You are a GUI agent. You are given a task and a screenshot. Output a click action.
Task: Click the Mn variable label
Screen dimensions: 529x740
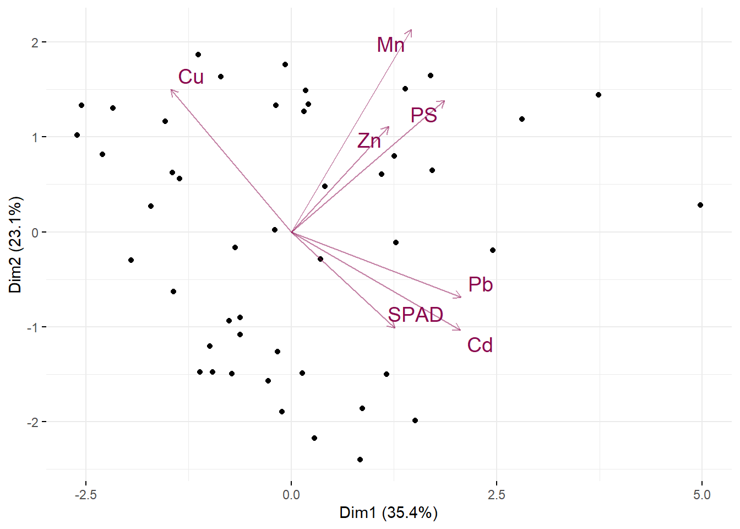390,45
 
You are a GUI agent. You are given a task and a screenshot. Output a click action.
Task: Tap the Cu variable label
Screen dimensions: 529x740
191,77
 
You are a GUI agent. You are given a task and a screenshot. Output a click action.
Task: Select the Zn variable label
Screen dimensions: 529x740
369,141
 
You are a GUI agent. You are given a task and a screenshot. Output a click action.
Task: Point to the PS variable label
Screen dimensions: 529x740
424,116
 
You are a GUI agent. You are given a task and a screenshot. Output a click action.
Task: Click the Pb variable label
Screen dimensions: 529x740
480,285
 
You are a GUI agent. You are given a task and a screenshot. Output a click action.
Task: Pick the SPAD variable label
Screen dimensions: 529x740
416,315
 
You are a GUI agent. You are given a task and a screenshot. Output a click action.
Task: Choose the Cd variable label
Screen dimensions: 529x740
480,346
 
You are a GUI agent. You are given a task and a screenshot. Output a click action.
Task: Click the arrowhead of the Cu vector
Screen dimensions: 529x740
171,90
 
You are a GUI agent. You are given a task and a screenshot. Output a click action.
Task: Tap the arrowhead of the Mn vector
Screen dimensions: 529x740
411,30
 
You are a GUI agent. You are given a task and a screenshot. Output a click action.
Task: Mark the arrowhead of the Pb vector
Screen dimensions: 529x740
461,297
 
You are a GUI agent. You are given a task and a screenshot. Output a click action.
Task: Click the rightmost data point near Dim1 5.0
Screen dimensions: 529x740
700,205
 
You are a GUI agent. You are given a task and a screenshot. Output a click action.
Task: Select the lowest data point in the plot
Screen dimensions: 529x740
360,460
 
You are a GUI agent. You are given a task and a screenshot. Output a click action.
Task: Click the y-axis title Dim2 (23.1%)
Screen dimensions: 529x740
15,244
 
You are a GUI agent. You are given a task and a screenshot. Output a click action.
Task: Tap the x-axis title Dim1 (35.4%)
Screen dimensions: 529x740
388,513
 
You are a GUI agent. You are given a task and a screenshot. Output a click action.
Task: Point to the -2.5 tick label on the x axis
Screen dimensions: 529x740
85,495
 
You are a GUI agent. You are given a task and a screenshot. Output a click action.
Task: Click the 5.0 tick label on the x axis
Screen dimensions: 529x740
702,495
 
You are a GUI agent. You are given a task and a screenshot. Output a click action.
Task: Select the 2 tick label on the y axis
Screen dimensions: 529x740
35,42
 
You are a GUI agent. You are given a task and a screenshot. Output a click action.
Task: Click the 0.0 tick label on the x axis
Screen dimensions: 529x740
291,495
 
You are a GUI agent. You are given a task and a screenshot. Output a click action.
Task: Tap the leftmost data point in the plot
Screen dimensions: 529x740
77,135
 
